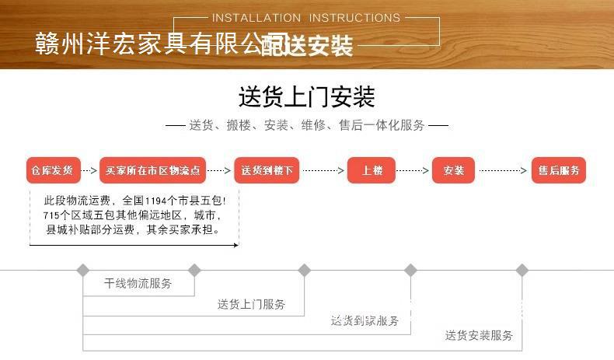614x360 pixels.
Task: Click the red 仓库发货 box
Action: [x=52, y=170]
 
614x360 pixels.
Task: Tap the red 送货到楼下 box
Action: [x=266, y=170]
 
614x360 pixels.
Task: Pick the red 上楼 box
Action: [x=372, y=170]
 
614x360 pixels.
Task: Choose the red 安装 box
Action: [x=453, y=170]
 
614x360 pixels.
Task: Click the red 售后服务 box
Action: [x=558, y=170]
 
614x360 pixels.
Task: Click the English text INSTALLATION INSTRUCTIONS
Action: [x=305, y=17]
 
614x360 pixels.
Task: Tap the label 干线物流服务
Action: [x=138, y=284]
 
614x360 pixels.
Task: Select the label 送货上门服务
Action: [x=251, y=304]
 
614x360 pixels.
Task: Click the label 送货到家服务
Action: [x=365, y=320]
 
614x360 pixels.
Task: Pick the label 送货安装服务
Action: [x=479, y=336]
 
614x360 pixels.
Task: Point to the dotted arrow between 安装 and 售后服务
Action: [x=504, y=170]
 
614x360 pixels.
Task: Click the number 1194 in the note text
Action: [x=158, y=200]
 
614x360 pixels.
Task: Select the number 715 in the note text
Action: [x=53, y=215]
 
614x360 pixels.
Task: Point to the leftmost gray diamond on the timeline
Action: [x=83, y=270]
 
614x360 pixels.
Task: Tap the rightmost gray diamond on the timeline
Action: [x=522, y=270]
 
